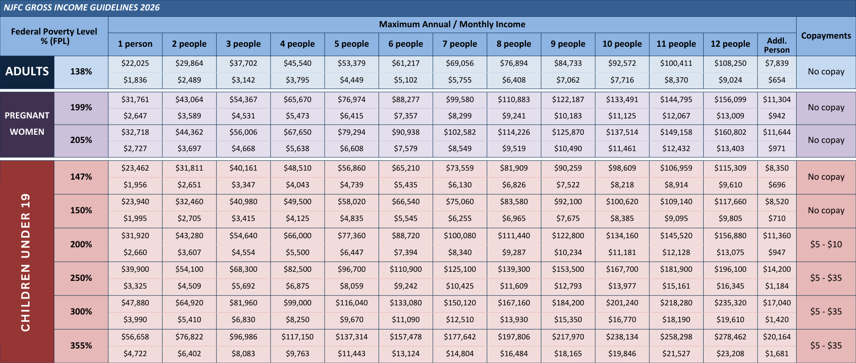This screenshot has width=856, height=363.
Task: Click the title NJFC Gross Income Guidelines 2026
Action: (82, 8)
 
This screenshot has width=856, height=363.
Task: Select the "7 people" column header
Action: (460, 44)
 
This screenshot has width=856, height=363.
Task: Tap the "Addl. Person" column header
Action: (777, 45)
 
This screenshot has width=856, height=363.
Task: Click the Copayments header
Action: (826, 36)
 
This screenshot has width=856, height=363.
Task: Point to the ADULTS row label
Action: (27, 72)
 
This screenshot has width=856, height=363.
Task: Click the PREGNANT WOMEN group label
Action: (27, 124)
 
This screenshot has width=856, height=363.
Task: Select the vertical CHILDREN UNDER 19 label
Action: (26, 262)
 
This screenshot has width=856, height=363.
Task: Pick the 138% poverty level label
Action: (81, 72)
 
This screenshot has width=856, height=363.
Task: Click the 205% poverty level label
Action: (81, 140)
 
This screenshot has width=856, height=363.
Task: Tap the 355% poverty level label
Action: (81, 346)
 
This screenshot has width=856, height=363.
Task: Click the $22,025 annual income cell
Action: (135, 64)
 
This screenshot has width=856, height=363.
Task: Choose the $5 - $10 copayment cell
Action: (826, 245)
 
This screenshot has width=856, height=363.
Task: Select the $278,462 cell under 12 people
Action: (730, 337)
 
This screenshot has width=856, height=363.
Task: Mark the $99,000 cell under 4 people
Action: (297, 303)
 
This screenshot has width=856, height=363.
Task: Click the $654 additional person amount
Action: (777, 80)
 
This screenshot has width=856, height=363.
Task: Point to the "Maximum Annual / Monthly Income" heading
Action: (452, 25)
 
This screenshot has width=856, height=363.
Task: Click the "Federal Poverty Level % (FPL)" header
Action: (54, 36)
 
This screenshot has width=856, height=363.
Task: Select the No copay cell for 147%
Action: (826, 177)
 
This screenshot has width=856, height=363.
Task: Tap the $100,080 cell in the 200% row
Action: (460, 236)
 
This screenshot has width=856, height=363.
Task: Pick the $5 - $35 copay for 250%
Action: (826, 278)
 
